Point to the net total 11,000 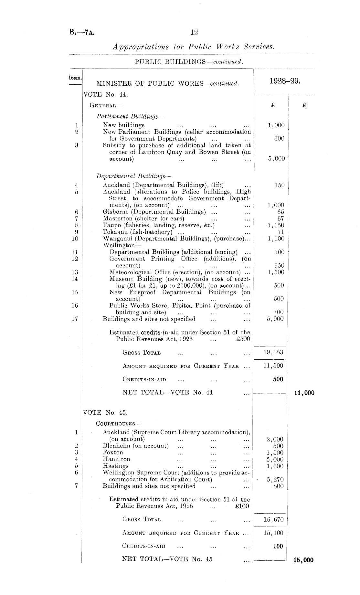tap(304, 393)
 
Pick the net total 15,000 tap(303, 560)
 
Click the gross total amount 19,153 tap(273, 352)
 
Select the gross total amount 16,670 tap(273, 519)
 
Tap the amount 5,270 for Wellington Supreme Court tap(275, 479)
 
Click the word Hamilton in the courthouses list tap(116, 459)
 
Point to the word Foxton tap(113, 452)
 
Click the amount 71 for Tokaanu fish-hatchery tap(281, 232)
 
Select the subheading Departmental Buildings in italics tap(133, 176)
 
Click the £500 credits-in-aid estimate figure tap(243, 339)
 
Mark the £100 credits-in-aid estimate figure tap(243, 506)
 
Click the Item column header tap(75, 78)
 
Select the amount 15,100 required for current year tap(273, 533)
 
